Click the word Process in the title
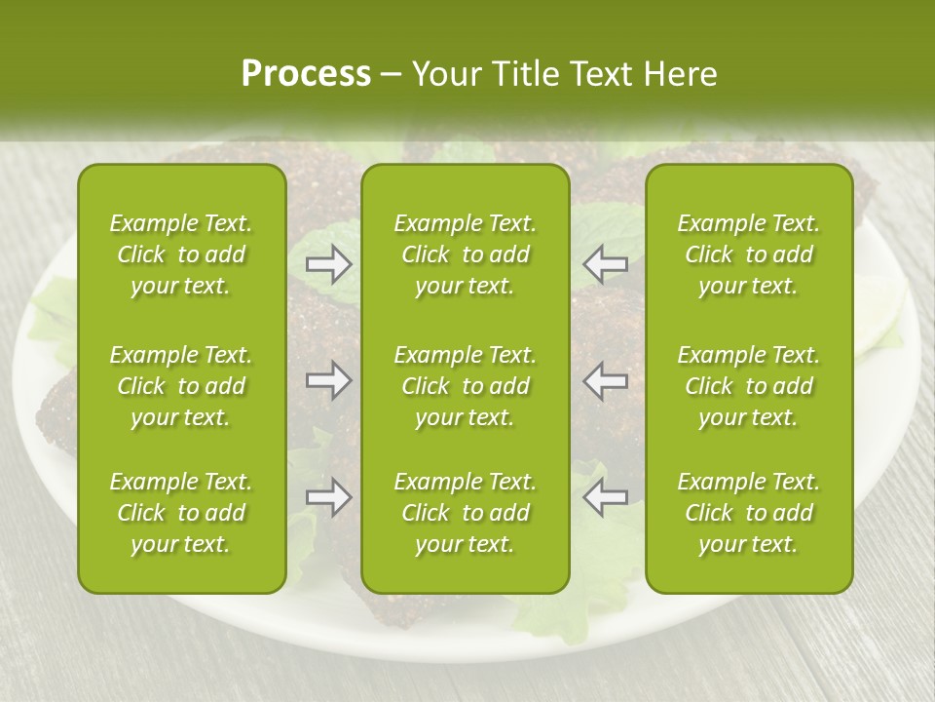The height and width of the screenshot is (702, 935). click(306, 74)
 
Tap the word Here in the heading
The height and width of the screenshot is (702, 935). click(682, 74)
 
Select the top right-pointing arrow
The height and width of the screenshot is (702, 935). click(329, 264)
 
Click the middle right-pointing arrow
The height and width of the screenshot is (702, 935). click(329, 380)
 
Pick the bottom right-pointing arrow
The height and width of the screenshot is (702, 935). click(329, 497)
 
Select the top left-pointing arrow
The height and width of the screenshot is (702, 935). click(606, 264)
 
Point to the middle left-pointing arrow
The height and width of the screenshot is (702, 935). click(606, 380)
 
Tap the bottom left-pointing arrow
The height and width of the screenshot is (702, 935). click(606, 497)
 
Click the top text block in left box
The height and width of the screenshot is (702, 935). click(181, 254)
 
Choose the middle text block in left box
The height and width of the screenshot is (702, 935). click(181, 386)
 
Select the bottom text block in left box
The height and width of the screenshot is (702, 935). click(181, 513)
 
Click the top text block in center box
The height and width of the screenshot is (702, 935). click(466, 254)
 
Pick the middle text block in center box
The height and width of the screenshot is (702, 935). click(466, 386)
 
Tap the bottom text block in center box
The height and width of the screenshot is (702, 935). click(466, 513)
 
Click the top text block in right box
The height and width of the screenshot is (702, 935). click(749, 254)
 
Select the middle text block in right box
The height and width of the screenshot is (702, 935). click(749, 386)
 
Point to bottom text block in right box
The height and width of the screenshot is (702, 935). click(749, 513)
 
